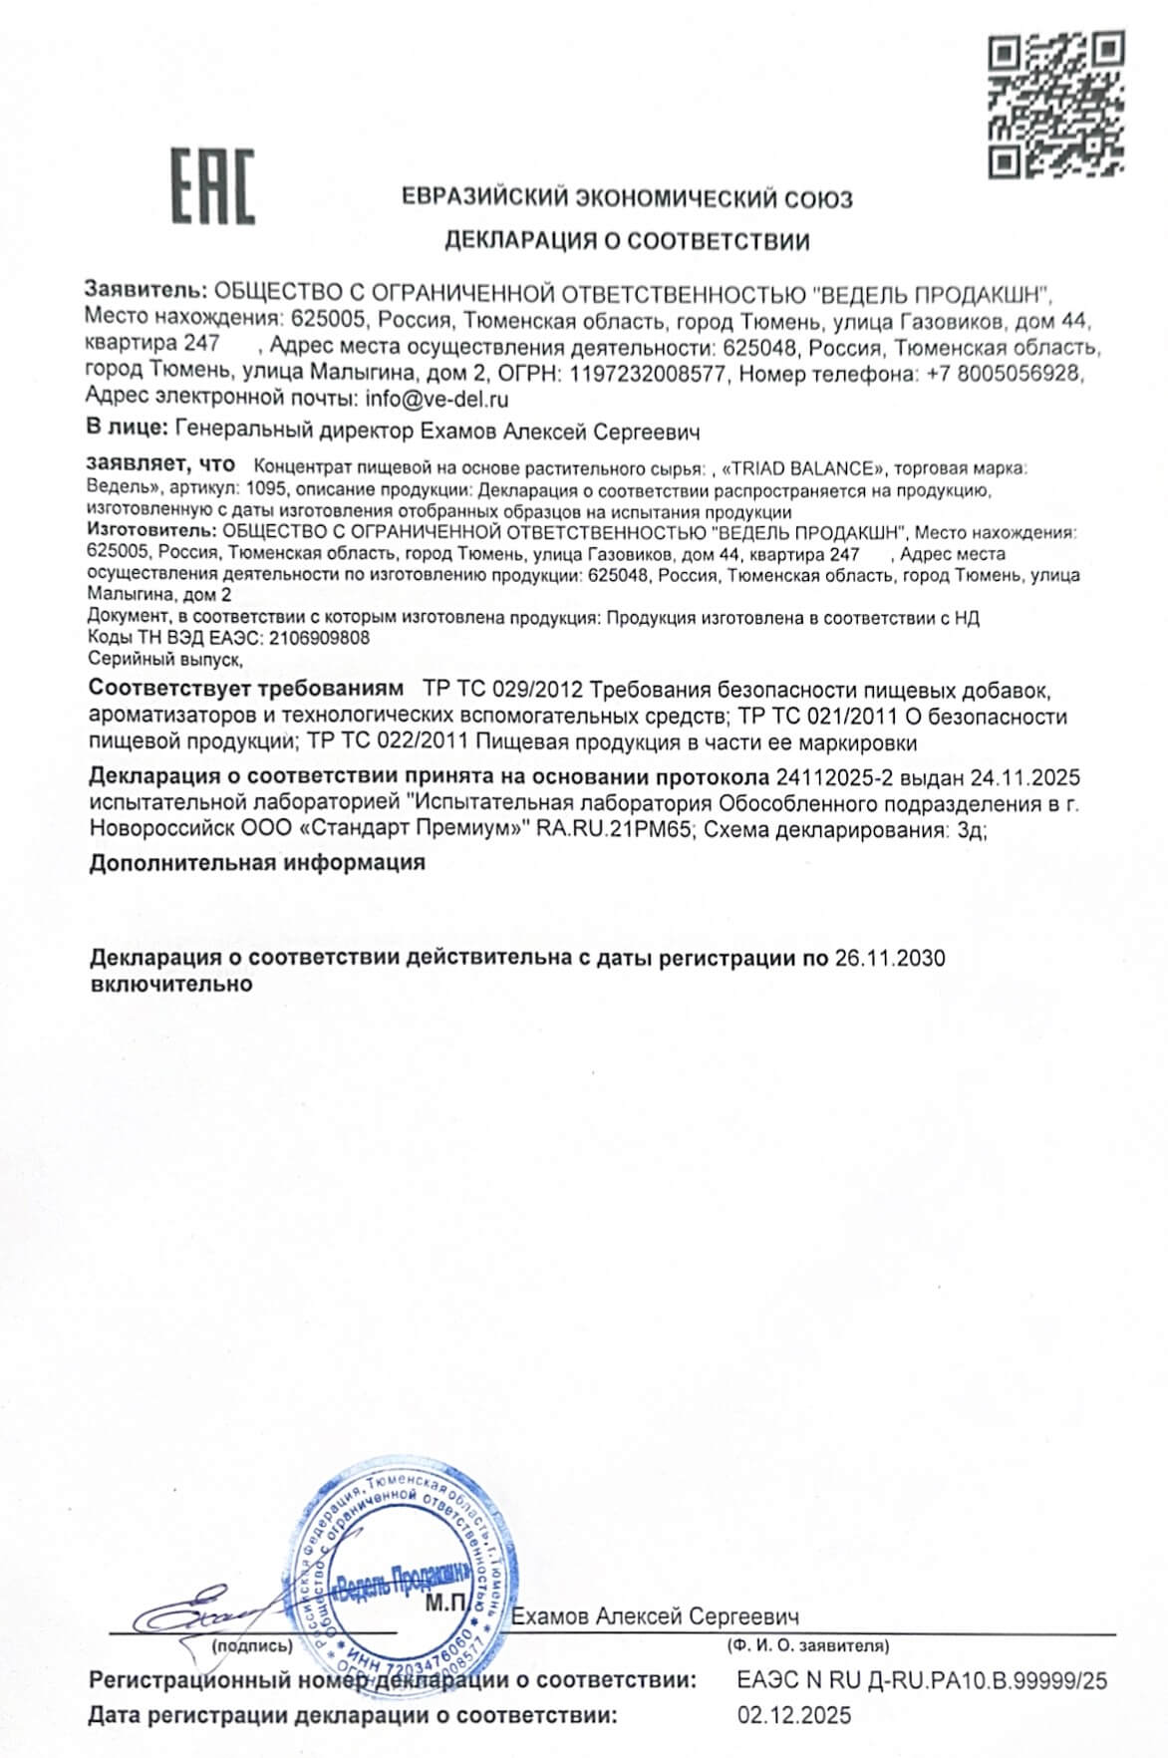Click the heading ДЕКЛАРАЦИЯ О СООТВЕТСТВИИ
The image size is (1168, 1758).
[626, 240]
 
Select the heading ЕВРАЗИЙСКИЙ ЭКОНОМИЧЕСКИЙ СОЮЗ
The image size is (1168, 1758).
[627, 198]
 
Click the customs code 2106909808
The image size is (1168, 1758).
[319, 638]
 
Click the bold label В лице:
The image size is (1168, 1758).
[127, 432]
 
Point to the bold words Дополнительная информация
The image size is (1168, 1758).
[257, 863]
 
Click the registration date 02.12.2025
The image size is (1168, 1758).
[794, 1716]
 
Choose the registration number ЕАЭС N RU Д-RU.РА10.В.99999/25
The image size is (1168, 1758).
[922, 1680]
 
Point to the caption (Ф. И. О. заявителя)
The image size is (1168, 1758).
[808, 1645]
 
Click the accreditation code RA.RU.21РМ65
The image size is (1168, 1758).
[615, 831]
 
